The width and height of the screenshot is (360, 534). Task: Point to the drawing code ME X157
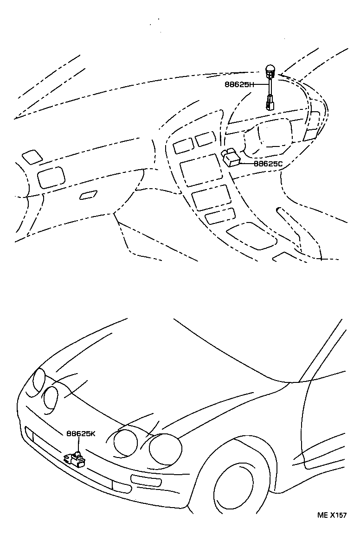(332, 515)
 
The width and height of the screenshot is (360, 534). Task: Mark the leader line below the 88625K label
(78, 444)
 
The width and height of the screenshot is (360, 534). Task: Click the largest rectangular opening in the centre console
(200, 169)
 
